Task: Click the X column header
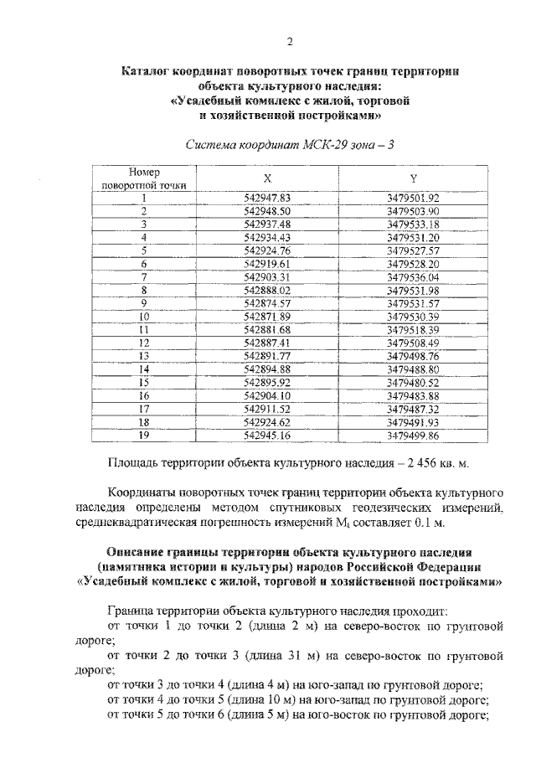[267, 178]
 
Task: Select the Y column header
[414, 178]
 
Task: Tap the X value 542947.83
[267, 199]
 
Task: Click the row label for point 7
[144, 276]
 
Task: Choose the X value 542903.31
[267, 276]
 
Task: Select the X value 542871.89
[267, 316]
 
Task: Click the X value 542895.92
[267, 381]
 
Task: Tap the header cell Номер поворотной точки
[144, 178]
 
